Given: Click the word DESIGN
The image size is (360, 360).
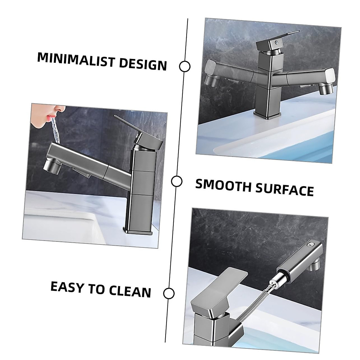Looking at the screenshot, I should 143,64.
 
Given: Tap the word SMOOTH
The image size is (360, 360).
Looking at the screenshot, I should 223,185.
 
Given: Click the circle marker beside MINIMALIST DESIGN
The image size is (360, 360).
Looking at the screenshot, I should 184,66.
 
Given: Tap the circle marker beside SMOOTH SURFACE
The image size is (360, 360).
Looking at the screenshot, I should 177,181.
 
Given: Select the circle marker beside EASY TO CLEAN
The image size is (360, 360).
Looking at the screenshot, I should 169,293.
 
